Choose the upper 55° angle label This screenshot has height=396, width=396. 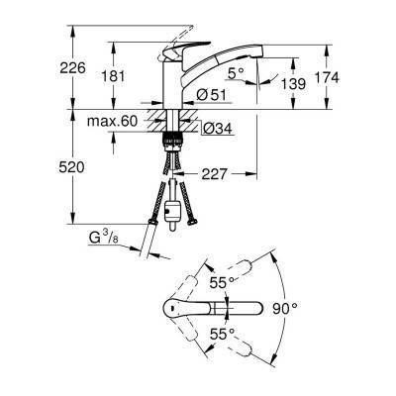pyautogui.click(x=220, y=282)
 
